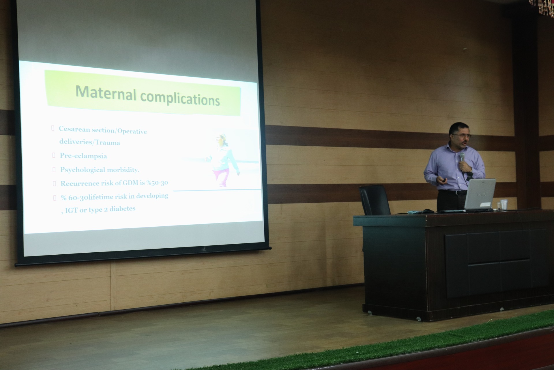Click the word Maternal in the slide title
(x=106, y=93)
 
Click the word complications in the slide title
(x=180, y=99)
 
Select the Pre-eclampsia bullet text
(x=83, y=156)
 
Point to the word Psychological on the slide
(x=78, y=170)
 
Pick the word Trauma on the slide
(x=108, y=143)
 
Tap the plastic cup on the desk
(x=504, y=204)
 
